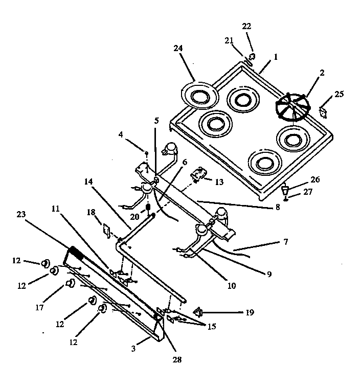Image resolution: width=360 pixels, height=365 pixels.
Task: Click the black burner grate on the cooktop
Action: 293,108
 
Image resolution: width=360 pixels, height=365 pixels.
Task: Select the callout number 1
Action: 276,57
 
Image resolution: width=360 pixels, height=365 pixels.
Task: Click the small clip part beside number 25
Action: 323,111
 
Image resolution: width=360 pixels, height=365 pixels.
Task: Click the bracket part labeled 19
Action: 199,311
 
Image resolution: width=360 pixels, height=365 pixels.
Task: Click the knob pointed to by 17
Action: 70,284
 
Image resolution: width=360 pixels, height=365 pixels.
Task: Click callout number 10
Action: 231,285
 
